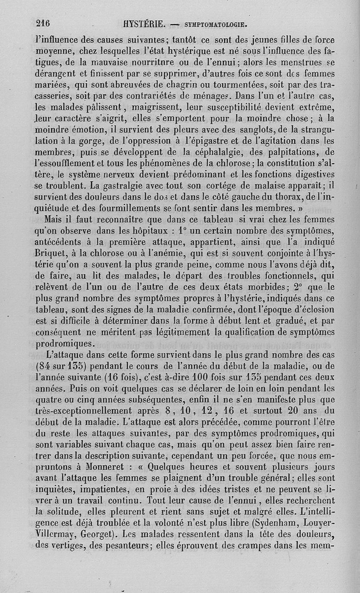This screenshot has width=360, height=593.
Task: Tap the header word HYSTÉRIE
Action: (142, 23)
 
